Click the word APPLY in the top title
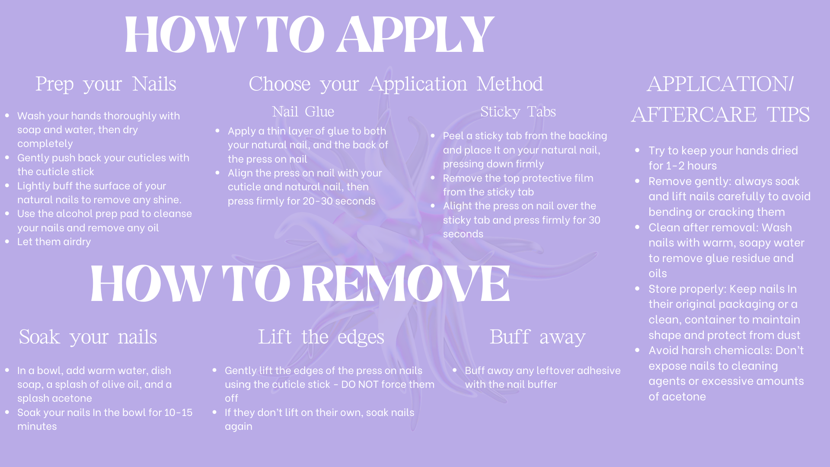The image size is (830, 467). [415, 35]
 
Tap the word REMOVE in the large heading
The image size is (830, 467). [406, 284]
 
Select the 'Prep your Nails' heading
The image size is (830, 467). [106, 84]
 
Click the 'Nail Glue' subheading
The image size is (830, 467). [303, 112]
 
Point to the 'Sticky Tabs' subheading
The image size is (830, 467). [518, 112]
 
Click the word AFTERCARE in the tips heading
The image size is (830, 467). [694, 115]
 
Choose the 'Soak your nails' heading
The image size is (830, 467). [88, 337]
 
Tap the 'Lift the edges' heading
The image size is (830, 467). [321, 337]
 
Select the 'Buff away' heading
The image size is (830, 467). [537, 337]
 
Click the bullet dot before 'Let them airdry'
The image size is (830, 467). [7, 242]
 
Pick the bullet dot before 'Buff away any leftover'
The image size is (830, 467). [455, 370]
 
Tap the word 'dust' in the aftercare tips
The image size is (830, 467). [789, 336]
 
